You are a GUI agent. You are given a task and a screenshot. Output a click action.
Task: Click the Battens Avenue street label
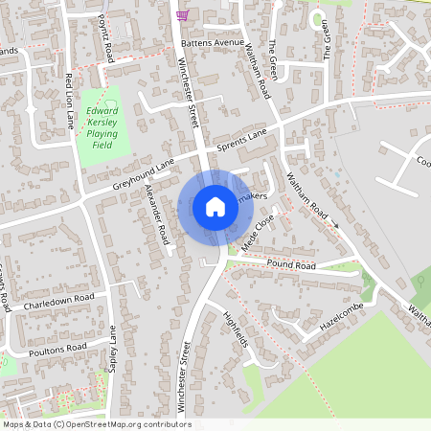click(x=216, y=43)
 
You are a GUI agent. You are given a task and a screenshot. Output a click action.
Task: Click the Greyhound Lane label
click(x=144, y=172)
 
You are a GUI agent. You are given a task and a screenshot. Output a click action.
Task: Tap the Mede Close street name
click(x=259, y=232)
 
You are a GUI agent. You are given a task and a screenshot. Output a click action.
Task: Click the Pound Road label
click(x=291, y=264)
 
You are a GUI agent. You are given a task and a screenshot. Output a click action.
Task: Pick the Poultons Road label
click(x=58, y=347)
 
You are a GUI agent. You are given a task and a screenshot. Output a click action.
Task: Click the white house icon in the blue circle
click(x=215, y=207)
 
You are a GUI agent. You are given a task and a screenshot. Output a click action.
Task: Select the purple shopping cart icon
click(x=182, y=14)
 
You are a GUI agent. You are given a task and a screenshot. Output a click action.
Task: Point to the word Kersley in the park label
click(x=102, y=123)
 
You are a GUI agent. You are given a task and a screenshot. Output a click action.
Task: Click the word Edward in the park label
click(x=102, y=111)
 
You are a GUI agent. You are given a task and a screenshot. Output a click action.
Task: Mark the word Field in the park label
click(x=102, y=146)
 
